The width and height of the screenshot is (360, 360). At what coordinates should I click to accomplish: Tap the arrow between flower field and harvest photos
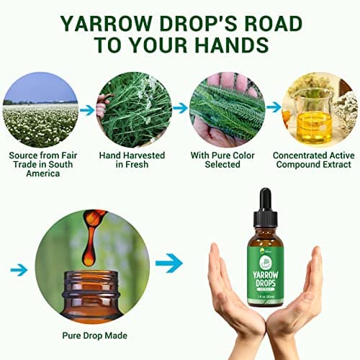86,110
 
